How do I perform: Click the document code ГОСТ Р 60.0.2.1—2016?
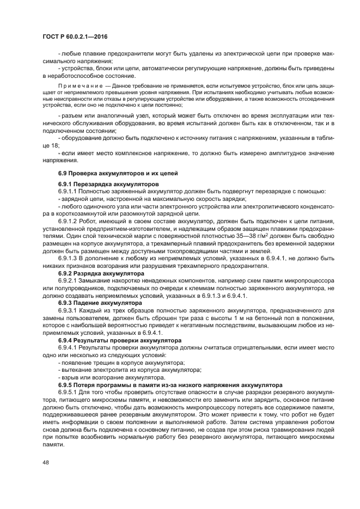click(x=75, y=36)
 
